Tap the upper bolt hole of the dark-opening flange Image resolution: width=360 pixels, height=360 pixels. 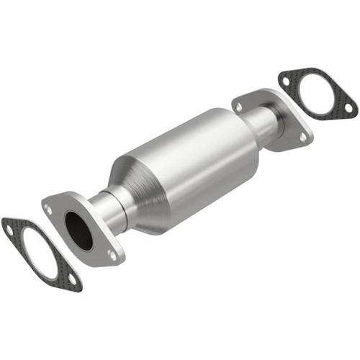pos(48,209)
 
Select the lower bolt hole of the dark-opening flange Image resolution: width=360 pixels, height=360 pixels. pos(112,253)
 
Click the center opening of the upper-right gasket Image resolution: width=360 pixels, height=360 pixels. pos(318,93)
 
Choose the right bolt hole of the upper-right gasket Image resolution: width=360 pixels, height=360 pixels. pos(348,108)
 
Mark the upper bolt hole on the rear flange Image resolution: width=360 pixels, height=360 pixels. pos(238,107)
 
